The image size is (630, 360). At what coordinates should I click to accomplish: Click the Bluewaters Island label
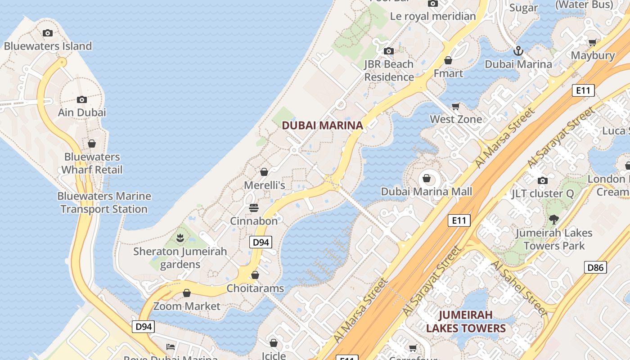coord(48,46)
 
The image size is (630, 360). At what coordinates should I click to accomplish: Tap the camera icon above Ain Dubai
coord(81,99)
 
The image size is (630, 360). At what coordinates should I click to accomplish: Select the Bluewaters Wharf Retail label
coord(92,163)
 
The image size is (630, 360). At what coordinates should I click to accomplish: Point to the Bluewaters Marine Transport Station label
coord(104,202)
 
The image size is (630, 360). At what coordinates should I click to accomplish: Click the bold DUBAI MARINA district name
coord(322,126)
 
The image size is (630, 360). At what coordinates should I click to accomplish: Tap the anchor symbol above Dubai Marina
coord(518,50)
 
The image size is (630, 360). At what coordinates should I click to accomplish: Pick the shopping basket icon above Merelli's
coord(264,172)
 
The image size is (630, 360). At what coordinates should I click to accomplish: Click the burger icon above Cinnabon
coord(254,208)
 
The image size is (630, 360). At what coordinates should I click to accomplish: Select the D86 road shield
coord(595,267)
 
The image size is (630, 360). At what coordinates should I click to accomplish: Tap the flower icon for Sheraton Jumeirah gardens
coord(180,238)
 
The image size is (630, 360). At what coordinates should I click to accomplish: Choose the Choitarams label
coord(255,288)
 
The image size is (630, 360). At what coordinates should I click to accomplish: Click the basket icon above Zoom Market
coord(187,293)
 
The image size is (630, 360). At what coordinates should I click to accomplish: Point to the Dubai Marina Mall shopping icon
coord(427,179)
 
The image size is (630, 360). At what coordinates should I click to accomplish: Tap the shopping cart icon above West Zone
coord(456,107)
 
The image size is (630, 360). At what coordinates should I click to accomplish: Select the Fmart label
coord(448,73)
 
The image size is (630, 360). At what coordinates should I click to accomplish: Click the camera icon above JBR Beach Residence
coord(389,51)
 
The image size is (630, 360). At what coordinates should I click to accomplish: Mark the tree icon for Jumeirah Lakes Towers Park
coord(553,220)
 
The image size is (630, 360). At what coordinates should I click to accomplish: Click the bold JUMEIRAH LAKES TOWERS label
coord(466,321)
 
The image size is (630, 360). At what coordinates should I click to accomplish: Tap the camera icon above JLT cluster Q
coord(543,181)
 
